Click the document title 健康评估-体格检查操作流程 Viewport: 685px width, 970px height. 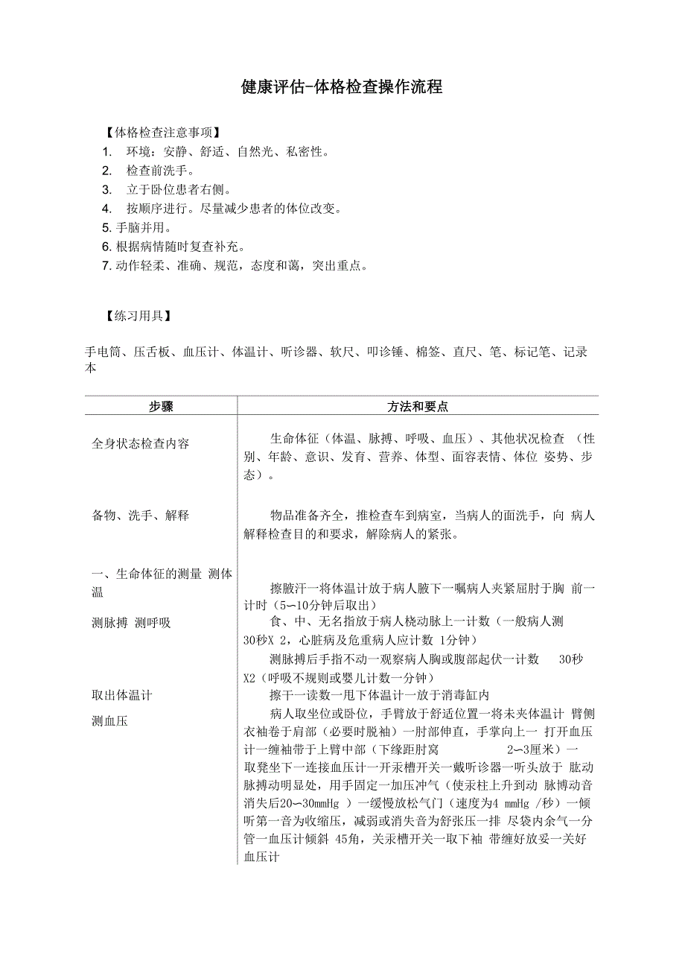(342, 87)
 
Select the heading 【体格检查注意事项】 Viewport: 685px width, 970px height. (163, 133)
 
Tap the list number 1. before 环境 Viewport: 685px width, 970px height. (107, 152)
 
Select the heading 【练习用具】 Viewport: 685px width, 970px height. (139, 315)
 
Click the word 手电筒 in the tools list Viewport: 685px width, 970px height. (103, 352)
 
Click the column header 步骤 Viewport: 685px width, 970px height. (161, 406)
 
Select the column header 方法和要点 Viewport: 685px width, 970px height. (417, 406)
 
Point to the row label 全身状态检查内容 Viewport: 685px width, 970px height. (141, 443)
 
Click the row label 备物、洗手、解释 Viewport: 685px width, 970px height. (141, 515)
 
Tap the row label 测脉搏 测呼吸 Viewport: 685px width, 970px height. (131, 623)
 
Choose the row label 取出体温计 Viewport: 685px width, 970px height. (121, 695)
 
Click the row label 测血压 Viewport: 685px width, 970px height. (109, 720)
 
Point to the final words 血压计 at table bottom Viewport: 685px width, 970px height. (261, 858)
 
